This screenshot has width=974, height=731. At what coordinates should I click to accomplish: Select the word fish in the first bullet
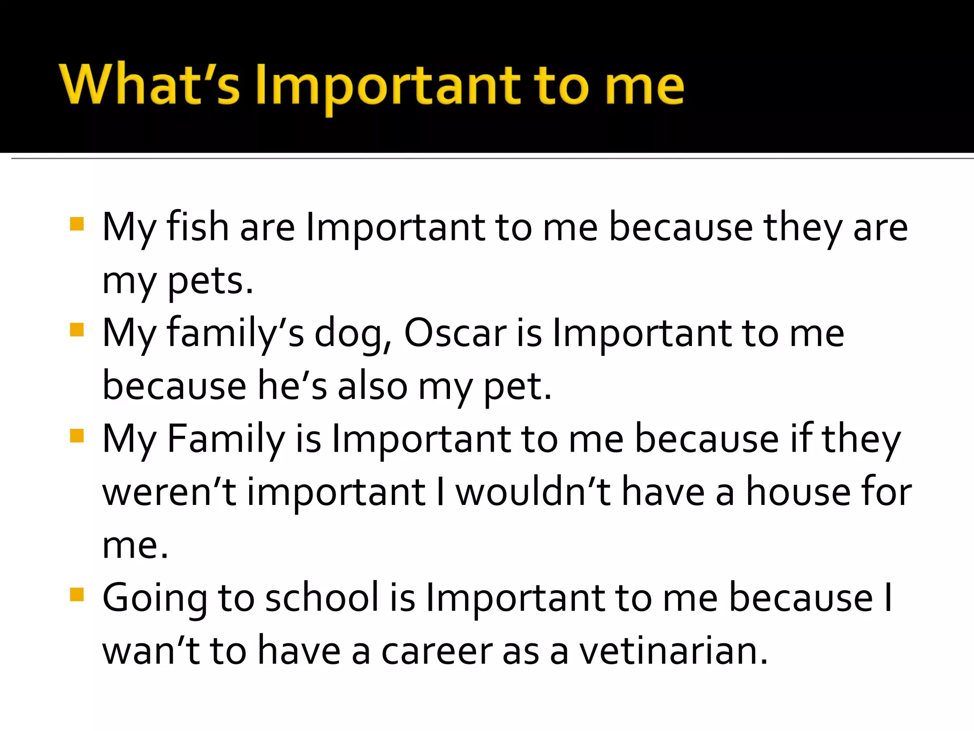(x=197, y=227)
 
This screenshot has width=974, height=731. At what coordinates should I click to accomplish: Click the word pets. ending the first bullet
(x=211, y=281)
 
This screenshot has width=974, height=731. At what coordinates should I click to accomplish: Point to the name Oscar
(x=455, y=333)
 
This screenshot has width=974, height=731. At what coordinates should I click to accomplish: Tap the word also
(x=372, y=386)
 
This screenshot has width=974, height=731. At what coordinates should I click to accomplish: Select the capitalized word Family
(x=226, y=439)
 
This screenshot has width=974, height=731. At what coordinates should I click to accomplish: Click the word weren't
(x=169, y=492)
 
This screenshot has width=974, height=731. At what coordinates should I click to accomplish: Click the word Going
(x=155, y=599)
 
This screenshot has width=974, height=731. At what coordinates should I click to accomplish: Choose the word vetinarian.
(x=673, y=651)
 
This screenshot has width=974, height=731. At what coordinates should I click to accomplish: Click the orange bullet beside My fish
(x=77, y=224)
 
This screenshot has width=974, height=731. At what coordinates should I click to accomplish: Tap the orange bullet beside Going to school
(x=77, y=594)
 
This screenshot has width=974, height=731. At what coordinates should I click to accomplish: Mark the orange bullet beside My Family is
(x=77, y=435)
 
